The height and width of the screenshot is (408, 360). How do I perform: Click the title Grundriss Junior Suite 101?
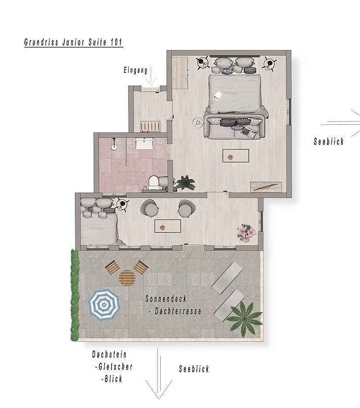[x=73, y=42]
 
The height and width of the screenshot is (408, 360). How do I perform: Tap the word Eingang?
[x=135, y=71]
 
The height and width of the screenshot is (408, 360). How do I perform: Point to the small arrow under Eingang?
[x=151, y=75]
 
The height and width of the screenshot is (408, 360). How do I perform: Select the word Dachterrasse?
[x=177, y=312]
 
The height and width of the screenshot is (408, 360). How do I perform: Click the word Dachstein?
[x=110, y=355]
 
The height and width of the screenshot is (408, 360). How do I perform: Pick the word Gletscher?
[x=115, y=367]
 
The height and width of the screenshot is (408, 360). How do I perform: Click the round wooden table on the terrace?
[x=128, y=277]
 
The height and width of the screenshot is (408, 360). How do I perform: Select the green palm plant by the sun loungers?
[x=244, y=316]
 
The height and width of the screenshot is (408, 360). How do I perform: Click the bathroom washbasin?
[x=144, y=144]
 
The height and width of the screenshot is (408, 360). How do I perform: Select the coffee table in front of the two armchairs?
[x=168, y=226]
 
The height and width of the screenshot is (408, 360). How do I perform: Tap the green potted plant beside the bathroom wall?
[x=185, y=182]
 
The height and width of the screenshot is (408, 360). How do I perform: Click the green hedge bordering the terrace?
[x=74, y=295]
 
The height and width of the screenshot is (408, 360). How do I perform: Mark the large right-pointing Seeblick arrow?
[x=343, y=123]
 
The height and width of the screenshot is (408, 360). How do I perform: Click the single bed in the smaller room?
[x=98, y=224]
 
